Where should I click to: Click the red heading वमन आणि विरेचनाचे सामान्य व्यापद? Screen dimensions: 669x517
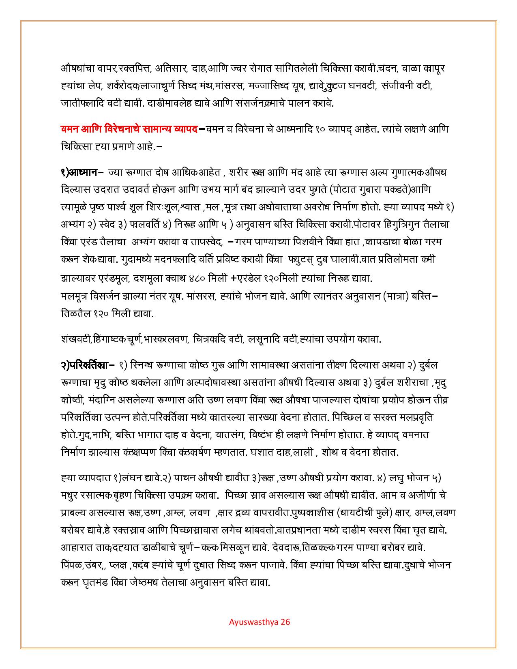(x=129, y=129)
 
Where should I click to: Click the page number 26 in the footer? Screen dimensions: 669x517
(x=285, y=622)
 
